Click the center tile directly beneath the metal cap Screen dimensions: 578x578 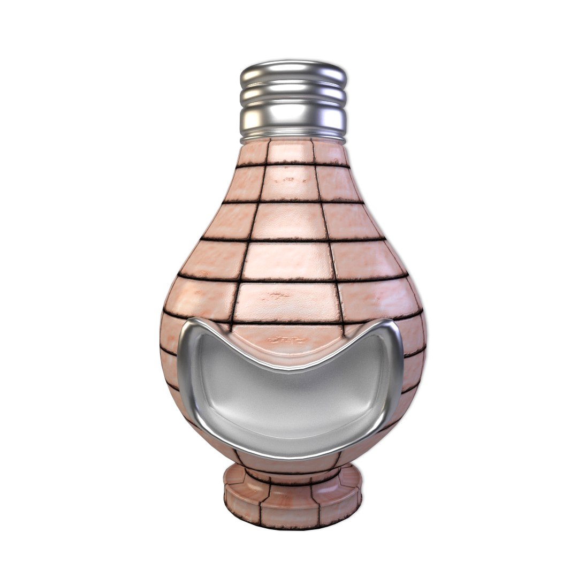(x=290, y=151)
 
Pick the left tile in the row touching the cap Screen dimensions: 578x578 (x=254, y=153)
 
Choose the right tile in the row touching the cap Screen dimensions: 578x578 (x=328, y=153)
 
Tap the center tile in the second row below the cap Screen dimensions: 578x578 (x=290, y=182)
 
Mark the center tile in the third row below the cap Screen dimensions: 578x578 (x=290, y=220)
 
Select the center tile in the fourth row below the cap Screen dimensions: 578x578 (x=290, y=261)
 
